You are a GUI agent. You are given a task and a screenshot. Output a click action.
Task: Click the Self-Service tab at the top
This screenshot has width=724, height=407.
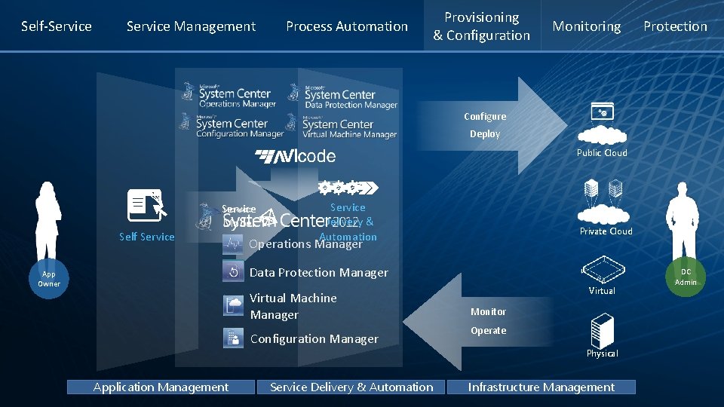tap(57, 26)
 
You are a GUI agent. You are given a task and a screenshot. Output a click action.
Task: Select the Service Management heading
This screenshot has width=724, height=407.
tap(191, 26)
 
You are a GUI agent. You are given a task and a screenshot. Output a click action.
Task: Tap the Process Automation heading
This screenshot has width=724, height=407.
tap(347, 26)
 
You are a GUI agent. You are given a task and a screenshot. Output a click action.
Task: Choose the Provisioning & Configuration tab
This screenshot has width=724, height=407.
tap(482, 26)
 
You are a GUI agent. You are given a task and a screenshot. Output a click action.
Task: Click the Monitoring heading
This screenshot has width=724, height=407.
tap(586, 26)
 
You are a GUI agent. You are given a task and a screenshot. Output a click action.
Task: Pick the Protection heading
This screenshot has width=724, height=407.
tap(675, 26)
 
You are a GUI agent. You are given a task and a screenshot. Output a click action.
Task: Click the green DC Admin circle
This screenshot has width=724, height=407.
tap(686, 277)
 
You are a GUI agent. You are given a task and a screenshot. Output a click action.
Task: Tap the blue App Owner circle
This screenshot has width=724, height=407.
tap(49, 279)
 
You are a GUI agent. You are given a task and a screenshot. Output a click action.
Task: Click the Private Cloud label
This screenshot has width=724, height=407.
tap(606, 231)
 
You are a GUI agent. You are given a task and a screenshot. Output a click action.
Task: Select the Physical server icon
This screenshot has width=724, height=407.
tap(602, 331)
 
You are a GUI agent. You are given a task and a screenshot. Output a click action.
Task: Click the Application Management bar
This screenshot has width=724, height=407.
tap(161, 387)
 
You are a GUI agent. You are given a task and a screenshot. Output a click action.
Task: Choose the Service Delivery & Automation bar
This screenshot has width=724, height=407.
tap(351, 387)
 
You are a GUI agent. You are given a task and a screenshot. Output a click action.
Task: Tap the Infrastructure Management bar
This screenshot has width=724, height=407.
tap(541, 387)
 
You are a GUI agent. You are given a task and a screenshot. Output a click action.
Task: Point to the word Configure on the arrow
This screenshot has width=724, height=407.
tap(485, 117)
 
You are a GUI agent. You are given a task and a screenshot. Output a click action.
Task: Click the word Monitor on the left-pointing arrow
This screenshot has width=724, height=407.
tap(488, 311)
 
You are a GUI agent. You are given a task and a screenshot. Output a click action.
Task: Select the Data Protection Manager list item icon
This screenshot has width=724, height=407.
tap(233, 272)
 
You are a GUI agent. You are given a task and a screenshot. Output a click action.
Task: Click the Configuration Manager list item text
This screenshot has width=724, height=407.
tap(314, 339)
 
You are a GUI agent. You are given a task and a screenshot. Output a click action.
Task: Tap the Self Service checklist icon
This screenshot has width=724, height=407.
tap(146, 204)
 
